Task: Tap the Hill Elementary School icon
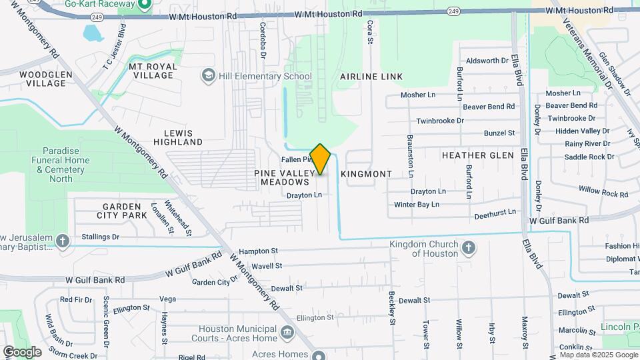(x=209, y=76)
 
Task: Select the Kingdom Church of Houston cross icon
(x=469, y=248)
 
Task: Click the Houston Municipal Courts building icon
(x=287, y=332)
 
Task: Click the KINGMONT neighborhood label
(x=366, y=174)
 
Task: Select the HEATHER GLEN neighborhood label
(x=477, y=155)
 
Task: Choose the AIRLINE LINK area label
(x=371, y=77)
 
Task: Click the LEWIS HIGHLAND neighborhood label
(x=178, y=137)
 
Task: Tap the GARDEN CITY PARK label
(x=122, y=211)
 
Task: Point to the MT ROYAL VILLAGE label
(x=153, y=71)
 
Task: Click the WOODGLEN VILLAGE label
(x=43, y=79)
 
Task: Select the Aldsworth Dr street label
(x=487, y=61)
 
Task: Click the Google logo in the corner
(x=22, y=351)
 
